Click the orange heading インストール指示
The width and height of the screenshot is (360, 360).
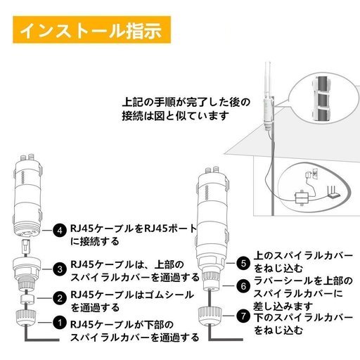click(x=91, y=30)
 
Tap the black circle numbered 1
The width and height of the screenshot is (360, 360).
click(x=60, y=323)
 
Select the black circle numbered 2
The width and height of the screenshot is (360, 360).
click(x=60, y=298)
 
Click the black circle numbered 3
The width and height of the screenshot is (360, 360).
click(x=60, y=269)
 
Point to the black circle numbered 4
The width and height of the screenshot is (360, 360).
click(x=60, y=231)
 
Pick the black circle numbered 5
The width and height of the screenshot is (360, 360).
click(x=243, y=263)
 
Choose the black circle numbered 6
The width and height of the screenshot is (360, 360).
click(x=243, y=286)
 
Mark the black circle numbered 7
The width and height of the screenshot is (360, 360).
click(x=243, y=316)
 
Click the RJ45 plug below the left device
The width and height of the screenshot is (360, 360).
click(x=26, y=246)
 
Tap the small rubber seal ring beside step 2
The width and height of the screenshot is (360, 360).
click(x=27, y=298)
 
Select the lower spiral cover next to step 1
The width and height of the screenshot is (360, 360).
click(x=26, y=317)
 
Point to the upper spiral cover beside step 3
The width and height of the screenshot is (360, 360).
click(x=27, y=273)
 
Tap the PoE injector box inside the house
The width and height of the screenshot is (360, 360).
click(x=302, y=198)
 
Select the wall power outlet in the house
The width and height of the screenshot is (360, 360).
click(x=315, y=174)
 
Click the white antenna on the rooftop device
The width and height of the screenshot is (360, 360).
click(x=268, y=80)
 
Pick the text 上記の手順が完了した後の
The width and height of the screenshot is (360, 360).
click(x=186, y=102)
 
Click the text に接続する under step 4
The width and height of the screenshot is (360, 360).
click(x=95, y=241)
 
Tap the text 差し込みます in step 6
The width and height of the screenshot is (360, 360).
click(x=283, y=305)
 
